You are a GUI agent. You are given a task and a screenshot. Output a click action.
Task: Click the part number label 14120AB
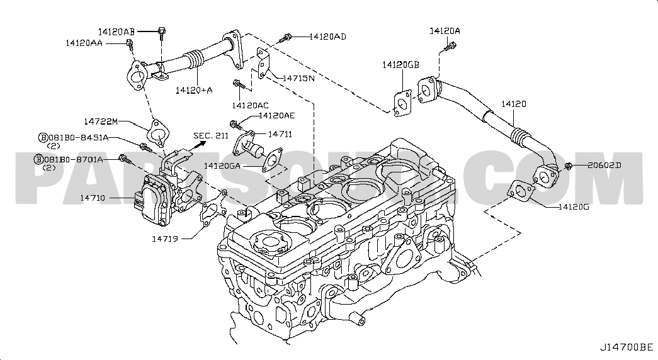pyautogui.click(x=116, y=30)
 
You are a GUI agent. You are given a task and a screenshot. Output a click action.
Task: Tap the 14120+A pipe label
pyautogui.click(x=194, y=90)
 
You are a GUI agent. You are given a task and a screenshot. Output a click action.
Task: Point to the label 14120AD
pyautogui.click(x=327, y=37)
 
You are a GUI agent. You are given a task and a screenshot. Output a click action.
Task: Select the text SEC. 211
pyautogui.click(x=212, y=135)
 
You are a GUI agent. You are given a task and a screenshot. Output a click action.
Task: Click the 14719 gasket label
pyautogui.click(x=166, y=239)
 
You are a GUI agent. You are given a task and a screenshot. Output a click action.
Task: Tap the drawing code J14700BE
pyautogui.click(x=625, y=347)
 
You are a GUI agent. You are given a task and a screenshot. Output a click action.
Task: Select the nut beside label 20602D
pyautogui.click(x=569, y=166)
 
